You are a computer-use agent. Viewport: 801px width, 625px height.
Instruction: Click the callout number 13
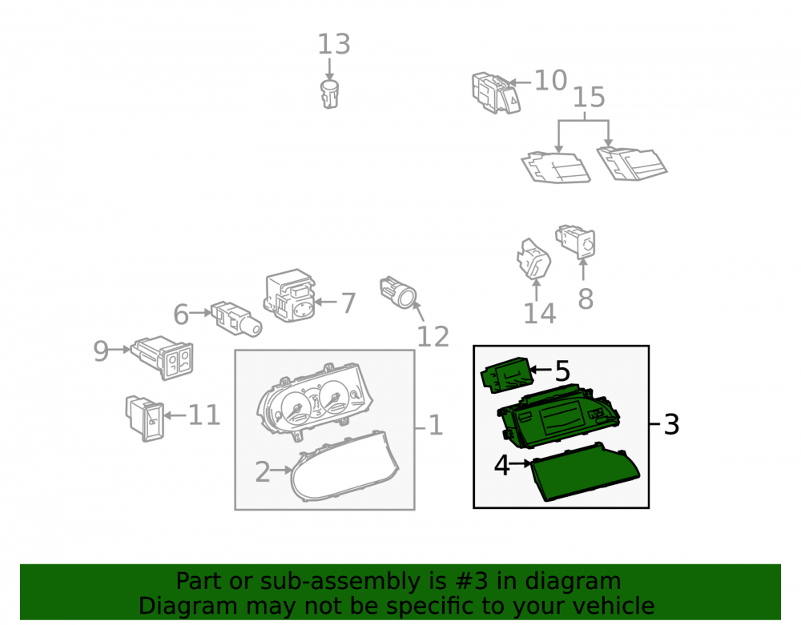(334, 44)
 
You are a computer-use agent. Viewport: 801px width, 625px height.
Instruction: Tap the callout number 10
(551, 81)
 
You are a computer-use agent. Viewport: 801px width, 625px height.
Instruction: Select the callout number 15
(589, 98)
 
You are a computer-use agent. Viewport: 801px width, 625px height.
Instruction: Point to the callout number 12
(433, 337)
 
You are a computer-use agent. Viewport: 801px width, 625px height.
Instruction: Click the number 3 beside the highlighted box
(671, 424)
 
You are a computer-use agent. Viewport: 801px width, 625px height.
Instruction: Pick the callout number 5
(562, 371)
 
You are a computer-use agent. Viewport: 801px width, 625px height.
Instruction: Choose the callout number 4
(502, 465)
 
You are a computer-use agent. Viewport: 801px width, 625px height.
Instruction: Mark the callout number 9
(101, 351)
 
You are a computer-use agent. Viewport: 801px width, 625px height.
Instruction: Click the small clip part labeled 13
(329, 94)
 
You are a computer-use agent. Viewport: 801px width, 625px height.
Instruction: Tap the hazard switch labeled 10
(496, 93)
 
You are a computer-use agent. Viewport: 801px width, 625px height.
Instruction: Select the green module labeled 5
(507, 375)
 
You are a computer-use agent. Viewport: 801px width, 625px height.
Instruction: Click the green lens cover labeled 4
(585, 472)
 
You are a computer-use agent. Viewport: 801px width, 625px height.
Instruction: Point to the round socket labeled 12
(398, 293)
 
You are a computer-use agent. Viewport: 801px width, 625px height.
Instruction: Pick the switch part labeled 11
(145, 418)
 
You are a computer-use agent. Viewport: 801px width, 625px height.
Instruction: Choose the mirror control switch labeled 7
(289, 296)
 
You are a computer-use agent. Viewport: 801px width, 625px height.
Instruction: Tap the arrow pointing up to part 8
(583, 270)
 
